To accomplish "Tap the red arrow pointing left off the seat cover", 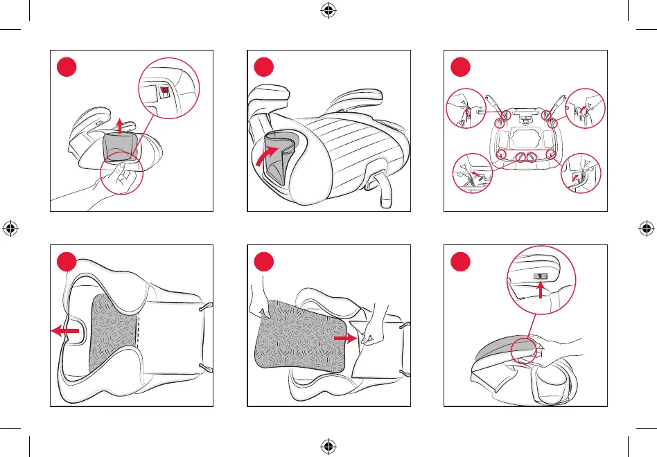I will [x=67, y=332].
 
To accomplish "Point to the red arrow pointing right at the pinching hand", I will [x=346, y=339].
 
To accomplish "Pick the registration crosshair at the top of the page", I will [x=328, y=10].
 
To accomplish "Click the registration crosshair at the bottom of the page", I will [x=328, y=446].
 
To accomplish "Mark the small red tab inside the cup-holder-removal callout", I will [x=164, y=89].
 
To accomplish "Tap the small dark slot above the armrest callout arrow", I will [x=540, y=276].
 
